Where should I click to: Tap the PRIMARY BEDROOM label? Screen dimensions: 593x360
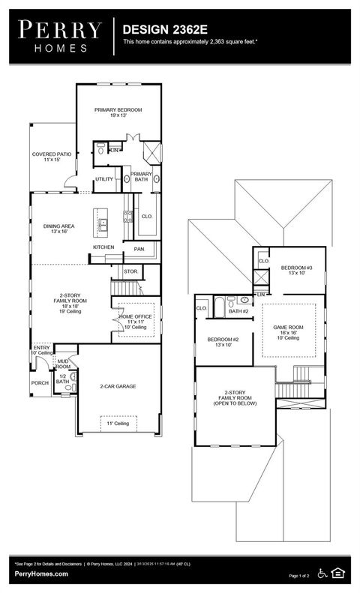click(x=118, y=110)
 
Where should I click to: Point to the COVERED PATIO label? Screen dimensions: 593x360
click(x=52, y=154)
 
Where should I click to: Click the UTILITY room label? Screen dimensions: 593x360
click(x=103, y=179)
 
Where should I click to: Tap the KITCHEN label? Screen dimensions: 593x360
click(x=103, y=247)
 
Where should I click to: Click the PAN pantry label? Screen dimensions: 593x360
click(x=139, y=249)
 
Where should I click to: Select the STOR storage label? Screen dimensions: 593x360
click(x=130, y=271)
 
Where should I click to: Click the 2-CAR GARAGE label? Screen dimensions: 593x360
click(x=118, y=387)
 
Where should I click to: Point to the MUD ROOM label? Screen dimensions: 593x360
click(x=64, y=364)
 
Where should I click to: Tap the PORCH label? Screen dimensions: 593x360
click(x=40, y=382)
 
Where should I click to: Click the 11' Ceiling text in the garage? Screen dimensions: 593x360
click(x=118, y=424)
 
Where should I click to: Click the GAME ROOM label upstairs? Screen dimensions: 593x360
click(x=287, y=328)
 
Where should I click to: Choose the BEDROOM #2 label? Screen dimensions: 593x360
click(x=223, y=340)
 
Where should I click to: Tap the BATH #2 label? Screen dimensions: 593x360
click(x=238, y=311)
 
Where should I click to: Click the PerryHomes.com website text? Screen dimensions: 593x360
click(x=41, y=574)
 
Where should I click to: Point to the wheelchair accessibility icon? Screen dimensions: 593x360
click(x=323, y=573)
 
